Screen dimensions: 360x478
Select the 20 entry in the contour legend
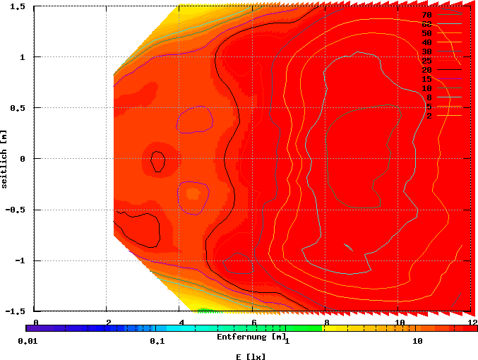coord(427,71)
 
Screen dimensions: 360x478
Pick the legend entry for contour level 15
coord(427,79)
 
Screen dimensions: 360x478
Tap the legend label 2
coord(429,116)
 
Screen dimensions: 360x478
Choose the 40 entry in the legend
coord(427,42)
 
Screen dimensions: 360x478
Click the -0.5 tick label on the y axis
coord(16,210)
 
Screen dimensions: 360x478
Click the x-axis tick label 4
coord(181,323)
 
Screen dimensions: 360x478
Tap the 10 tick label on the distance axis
coord(400,323)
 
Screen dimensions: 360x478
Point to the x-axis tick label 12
coord(472,323)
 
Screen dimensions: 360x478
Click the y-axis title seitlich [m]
coord(5,158)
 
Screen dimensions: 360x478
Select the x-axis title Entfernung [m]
coord(251,337)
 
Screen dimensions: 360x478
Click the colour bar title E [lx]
coord(251,356)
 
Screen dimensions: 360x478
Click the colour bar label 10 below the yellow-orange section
coord(417,341)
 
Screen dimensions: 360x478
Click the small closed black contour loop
coord(157,162)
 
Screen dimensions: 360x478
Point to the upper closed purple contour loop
coord(195,119)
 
